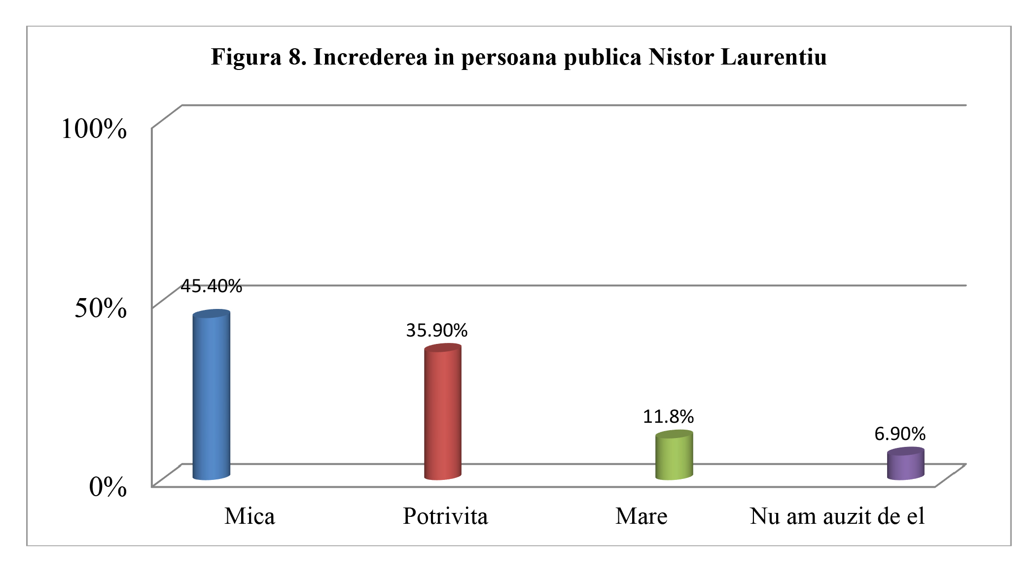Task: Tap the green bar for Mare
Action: [674, 455]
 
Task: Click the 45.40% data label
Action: [211, 286]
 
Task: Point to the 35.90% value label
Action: [436, 330]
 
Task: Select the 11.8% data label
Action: [668, 417]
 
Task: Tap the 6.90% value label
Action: [900, 434]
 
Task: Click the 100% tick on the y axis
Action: [94, 129]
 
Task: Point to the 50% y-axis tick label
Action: [101, 308]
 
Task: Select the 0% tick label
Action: [108, 487]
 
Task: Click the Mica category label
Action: [250, 516]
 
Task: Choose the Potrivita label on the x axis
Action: [445, 516]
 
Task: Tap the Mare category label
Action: [641, 516]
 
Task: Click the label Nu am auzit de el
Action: [837, 516]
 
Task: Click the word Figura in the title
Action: [246, 58]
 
